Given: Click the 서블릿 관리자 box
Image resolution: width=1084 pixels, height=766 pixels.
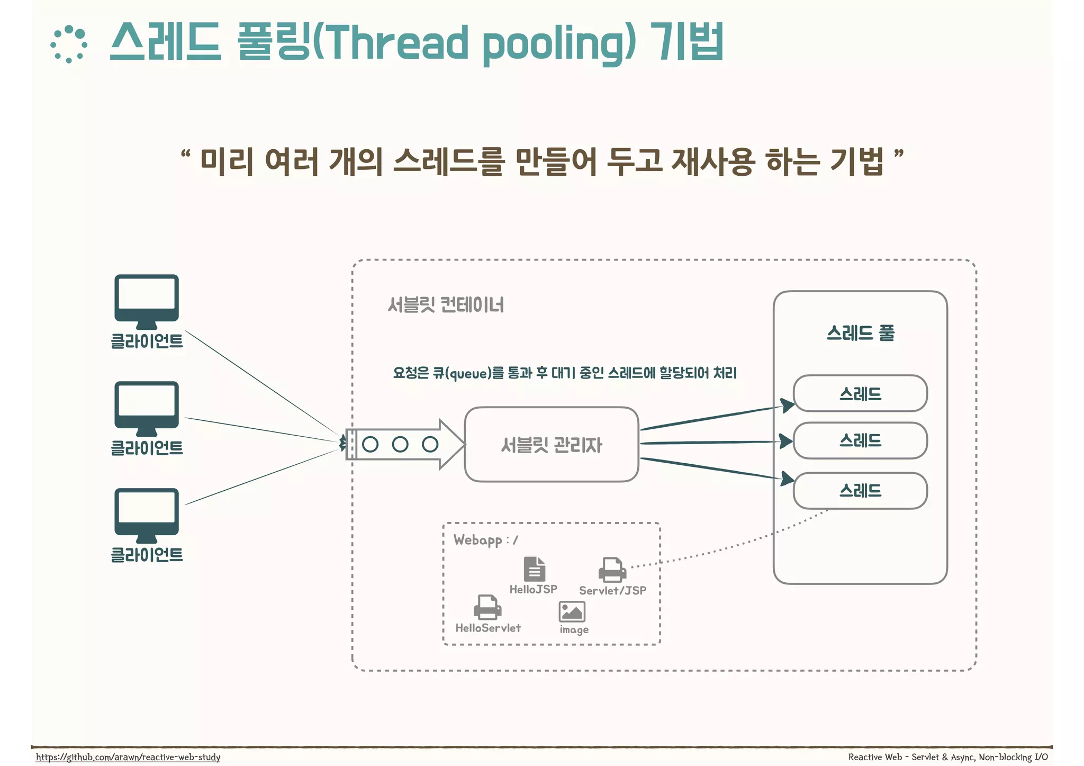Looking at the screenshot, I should [552, 445].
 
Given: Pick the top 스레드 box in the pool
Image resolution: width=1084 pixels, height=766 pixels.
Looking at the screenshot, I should [860, 394].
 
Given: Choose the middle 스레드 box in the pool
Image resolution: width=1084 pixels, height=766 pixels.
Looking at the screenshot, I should [860, 440].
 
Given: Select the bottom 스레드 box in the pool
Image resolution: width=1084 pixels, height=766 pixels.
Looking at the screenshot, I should [860, 491].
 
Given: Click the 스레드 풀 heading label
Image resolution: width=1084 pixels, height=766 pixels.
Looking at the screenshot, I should [860, 333].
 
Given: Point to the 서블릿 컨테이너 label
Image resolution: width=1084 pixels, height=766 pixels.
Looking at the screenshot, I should [446, 305].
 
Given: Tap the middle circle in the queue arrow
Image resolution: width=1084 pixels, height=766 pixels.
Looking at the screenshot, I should [400, 444].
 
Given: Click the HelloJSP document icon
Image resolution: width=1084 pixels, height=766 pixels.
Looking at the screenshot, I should [534, 569].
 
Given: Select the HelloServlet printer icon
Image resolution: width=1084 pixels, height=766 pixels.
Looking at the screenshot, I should [487, 607].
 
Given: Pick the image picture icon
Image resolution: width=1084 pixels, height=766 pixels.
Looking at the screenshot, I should [572, 612].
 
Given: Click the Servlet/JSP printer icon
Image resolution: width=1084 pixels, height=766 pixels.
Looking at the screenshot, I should [612, 570].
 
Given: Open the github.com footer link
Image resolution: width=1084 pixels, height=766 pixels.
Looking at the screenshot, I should [128, 757].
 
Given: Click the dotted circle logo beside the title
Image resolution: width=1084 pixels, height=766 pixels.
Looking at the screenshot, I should [69, 44].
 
